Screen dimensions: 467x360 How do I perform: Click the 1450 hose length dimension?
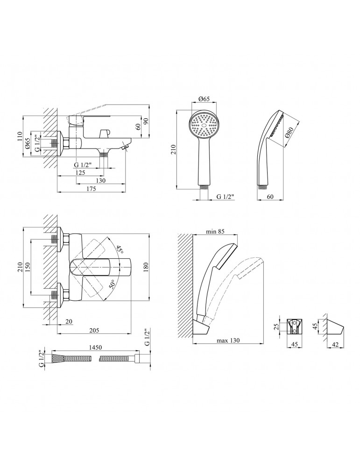click(93, 348)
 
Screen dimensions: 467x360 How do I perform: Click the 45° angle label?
click(120, 250)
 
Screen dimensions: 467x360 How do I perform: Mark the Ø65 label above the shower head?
click(204, 99)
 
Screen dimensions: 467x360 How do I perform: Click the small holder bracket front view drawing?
click(295, 325)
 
